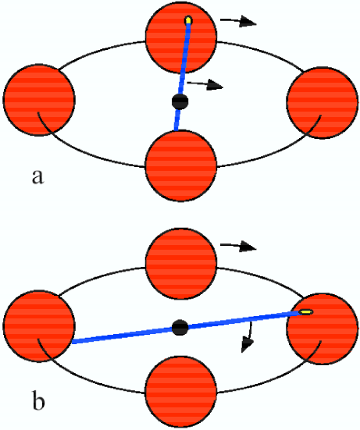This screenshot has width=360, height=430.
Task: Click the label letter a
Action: coord(37,177)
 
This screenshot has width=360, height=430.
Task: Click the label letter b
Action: coord(38,402)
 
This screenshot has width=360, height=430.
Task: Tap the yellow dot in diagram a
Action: coord(188,20)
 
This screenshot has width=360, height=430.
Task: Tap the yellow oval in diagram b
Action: coord(305,312)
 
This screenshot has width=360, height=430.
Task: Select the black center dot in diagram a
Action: coord(180,101)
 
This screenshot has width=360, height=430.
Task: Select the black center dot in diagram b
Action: coord(180,328)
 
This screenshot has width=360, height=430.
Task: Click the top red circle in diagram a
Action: coord(181,37)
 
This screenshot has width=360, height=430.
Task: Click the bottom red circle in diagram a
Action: coord(181,165)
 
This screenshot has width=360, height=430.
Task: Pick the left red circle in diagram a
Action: coord(39,100)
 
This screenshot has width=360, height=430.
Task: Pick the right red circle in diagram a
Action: coord(323,103)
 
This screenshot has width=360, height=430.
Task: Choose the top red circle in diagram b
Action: coord(181,263)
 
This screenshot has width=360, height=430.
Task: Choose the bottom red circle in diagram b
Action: coord(181,393)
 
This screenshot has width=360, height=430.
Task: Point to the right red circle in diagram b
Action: coord(323,329)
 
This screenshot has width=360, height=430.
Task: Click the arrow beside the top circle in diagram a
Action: coord(238,21)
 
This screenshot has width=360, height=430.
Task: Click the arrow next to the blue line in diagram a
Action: coord(205,84)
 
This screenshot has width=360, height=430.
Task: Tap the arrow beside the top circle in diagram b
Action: coord(238,246)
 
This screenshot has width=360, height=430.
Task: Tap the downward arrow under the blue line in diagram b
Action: coord(248,337)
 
